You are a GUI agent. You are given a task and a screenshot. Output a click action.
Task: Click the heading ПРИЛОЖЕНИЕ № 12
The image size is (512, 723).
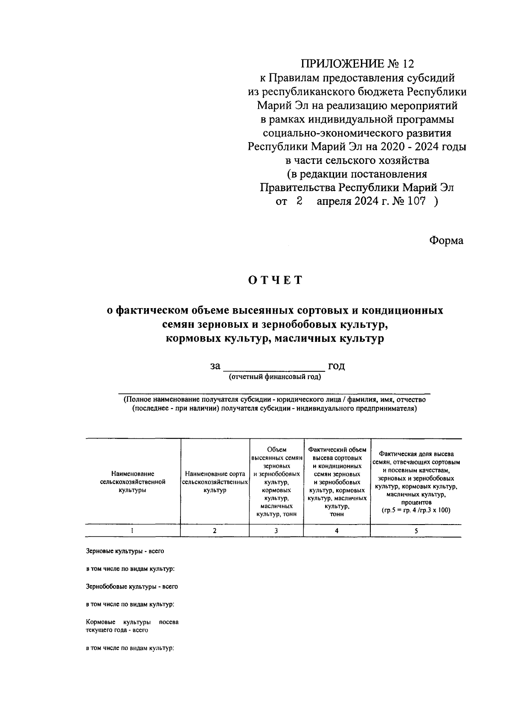coord(358,64)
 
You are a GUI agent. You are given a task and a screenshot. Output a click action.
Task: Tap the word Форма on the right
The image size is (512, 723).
coord(446,240)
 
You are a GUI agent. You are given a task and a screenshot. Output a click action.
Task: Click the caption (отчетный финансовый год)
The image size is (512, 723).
coord(275,377)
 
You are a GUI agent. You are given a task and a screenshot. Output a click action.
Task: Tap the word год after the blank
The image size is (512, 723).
coord(336,366)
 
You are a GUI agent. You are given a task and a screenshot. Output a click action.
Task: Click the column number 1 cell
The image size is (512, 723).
coord(132,531)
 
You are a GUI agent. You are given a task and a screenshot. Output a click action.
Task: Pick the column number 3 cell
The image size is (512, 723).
coord(276,531)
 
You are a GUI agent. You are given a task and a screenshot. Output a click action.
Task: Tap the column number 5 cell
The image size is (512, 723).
coord(416,531)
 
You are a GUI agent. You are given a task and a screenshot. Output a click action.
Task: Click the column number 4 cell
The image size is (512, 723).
coord(337,531)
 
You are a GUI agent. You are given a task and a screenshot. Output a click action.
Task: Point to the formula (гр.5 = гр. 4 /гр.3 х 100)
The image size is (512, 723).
coord(416,510)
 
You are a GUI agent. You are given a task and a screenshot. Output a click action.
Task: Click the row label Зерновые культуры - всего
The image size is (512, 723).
coord(125,551)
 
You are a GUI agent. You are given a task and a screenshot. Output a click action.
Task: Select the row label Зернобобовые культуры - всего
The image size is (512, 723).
coord(132,586)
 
